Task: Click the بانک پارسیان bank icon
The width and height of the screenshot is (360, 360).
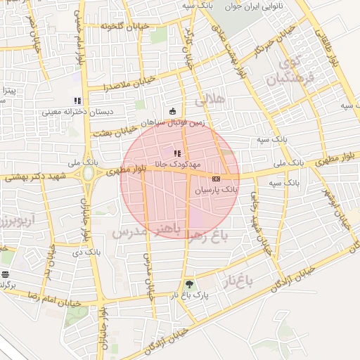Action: click(x=215, y=179)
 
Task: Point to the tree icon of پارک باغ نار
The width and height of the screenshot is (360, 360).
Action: click(x=188, y=285)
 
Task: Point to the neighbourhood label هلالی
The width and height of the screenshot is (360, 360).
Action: click(x=212, y=100)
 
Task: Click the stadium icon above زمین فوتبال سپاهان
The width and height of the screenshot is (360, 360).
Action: click(x=173, y=110)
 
